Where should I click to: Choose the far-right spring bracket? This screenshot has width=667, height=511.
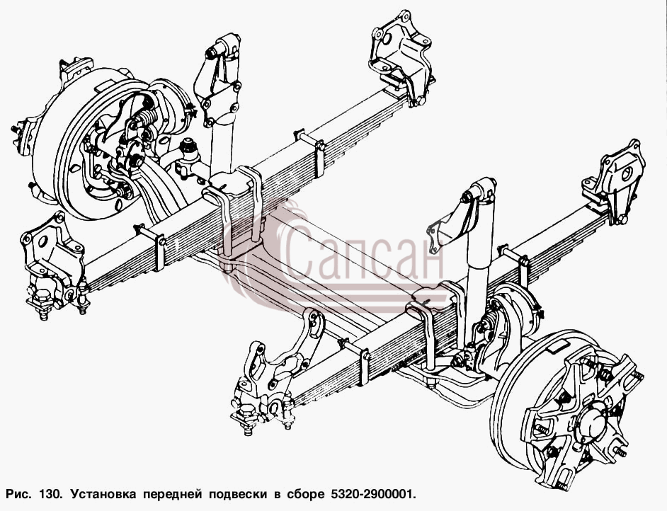pyautogui.click(x=615, y=180)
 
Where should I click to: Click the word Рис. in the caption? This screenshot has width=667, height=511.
pyautogui.click(x=18, y=495)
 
